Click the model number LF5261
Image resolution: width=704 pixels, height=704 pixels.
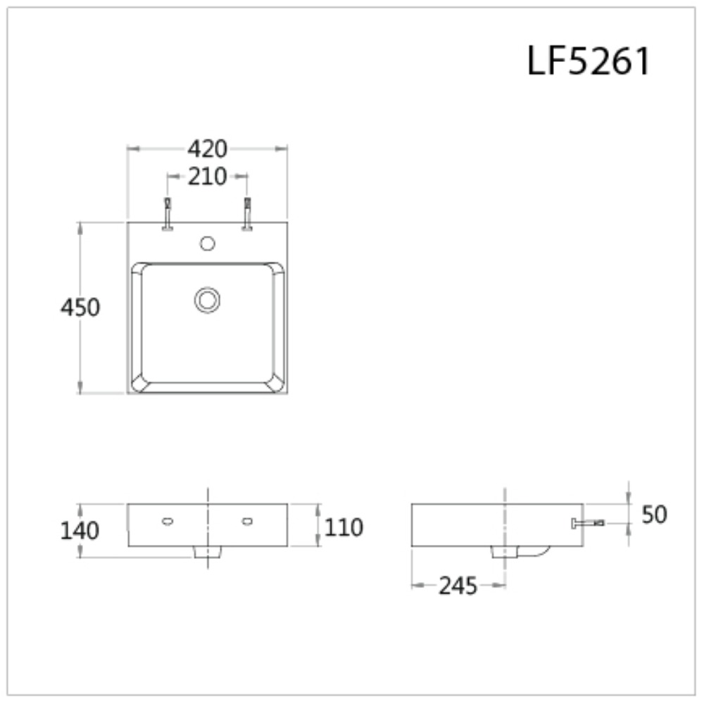[x=589, y=61]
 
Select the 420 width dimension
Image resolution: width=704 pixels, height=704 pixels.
[x=207, y=149]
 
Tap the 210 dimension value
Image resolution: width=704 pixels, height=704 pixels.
[x=207, y=177]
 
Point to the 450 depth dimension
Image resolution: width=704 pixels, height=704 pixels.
[x=80, y=308]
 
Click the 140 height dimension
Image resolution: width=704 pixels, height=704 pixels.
[x=80, y=530]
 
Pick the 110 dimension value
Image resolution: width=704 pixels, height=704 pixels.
[x=344, y=527]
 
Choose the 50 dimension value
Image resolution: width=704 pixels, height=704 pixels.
[x=654, y=515]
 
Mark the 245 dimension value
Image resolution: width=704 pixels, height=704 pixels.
[x=458, y=585]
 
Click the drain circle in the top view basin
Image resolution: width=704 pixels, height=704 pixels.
[x=207, y=300]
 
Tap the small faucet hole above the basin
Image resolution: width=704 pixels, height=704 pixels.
[x=207, y=244]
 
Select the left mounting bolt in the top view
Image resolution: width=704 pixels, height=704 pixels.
[x=168, y=214]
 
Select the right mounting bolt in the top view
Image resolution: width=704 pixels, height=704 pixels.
[x=247, y=214]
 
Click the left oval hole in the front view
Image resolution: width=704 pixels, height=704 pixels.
[x=168, y=521]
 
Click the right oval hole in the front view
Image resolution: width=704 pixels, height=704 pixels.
[x=247, y=521]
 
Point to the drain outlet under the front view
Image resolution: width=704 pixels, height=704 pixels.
[x=207, y=553]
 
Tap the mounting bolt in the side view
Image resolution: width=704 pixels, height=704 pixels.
[x=587, y=523]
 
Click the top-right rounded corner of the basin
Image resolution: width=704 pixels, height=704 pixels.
[x=276, y=270]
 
